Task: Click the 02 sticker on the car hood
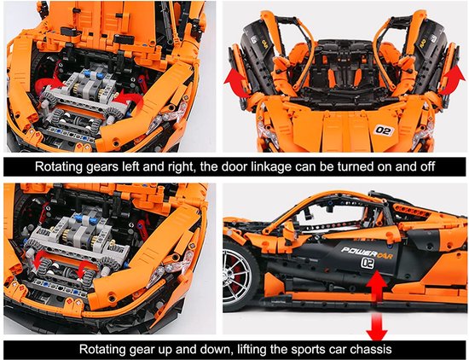pos(384,131)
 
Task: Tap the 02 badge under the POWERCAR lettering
pos(368,263)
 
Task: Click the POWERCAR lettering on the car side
pos(367,253)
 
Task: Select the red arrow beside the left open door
pos(236,81)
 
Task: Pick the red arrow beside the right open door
pos(453,79)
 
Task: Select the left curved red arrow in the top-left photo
pos(49,83)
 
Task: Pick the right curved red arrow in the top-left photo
pos(130,102)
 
